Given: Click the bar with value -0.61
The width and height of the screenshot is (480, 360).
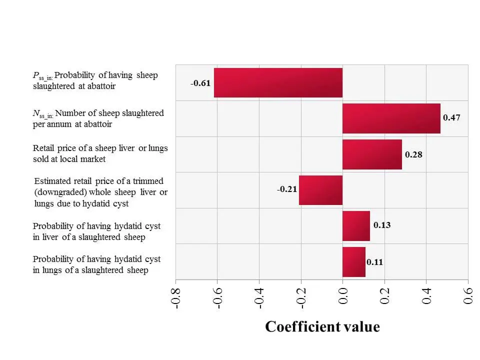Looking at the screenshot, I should (x=278, y=83).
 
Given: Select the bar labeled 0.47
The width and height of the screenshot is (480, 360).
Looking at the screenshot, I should (x=391, y=118).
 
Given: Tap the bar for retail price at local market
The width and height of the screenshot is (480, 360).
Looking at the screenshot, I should (x=372, y=154).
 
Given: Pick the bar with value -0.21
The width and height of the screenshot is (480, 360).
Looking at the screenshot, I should (x=320, y=190).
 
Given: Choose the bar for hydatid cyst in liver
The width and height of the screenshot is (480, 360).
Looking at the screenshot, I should (x=356, y=226).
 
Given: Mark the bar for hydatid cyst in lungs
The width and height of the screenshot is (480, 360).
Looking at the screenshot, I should (x=353, y=261).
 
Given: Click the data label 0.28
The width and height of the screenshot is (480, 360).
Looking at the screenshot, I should (x=413, y=154).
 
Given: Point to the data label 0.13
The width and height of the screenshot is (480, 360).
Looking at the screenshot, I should (x=382, y=225).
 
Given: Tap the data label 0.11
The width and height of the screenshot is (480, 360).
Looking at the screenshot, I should (x=375, y=261).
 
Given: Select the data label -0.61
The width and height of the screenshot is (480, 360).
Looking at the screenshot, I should (x=200, y=83).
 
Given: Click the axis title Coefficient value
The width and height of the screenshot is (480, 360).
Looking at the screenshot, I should (x=322, y=326).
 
